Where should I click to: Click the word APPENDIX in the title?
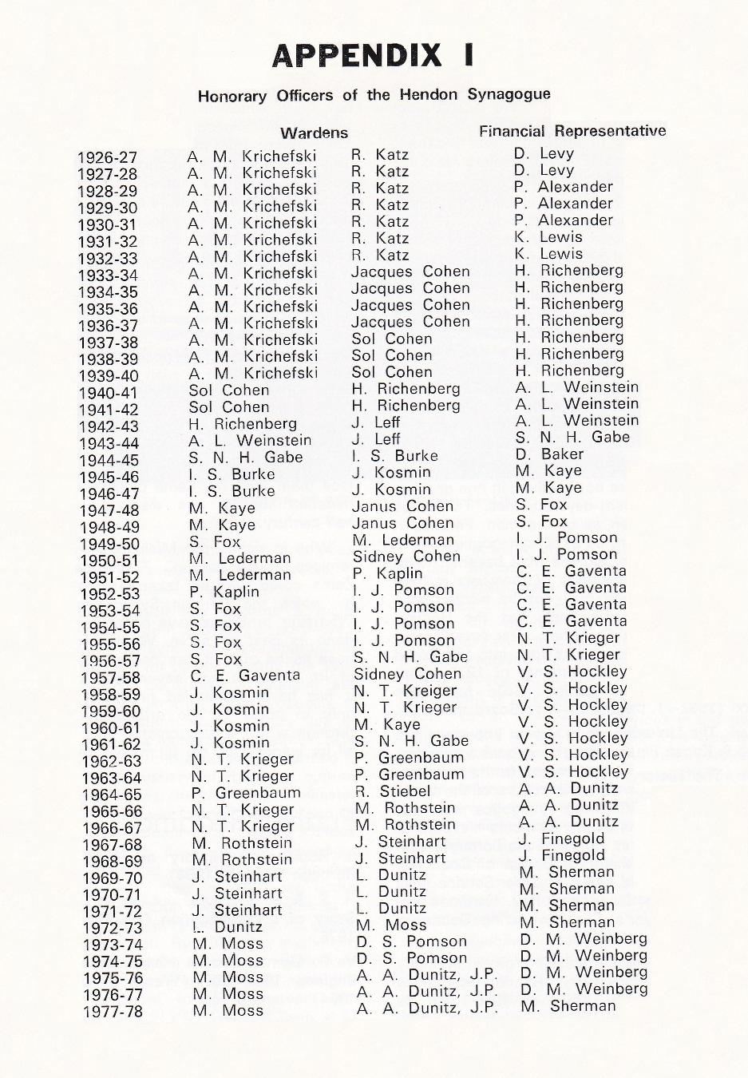click(x=356, y=55)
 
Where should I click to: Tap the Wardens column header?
click(x=314, y=133)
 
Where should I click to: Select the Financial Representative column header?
click(x=572, y=131)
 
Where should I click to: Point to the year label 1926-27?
click(x=107, y=157)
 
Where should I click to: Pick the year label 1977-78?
click(x=112, y=1012)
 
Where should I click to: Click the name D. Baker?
click(x=549, y=454)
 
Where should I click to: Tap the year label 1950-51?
click(x=109, y=561)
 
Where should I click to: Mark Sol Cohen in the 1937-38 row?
click(x=391, y=339)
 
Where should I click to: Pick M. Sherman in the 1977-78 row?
click(x=568, y=1006)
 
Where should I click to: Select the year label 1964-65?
click(x=111, y=795)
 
